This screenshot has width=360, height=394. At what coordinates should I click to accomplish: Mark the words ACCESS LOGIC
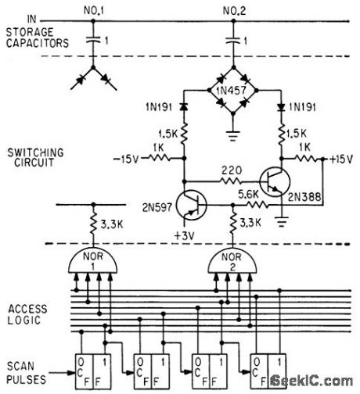pyautogui.click(x=27, y=314)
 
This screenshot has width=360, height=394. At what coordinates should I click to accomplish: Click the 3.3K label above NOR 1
pyautogui.click(x=111, y=227)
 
